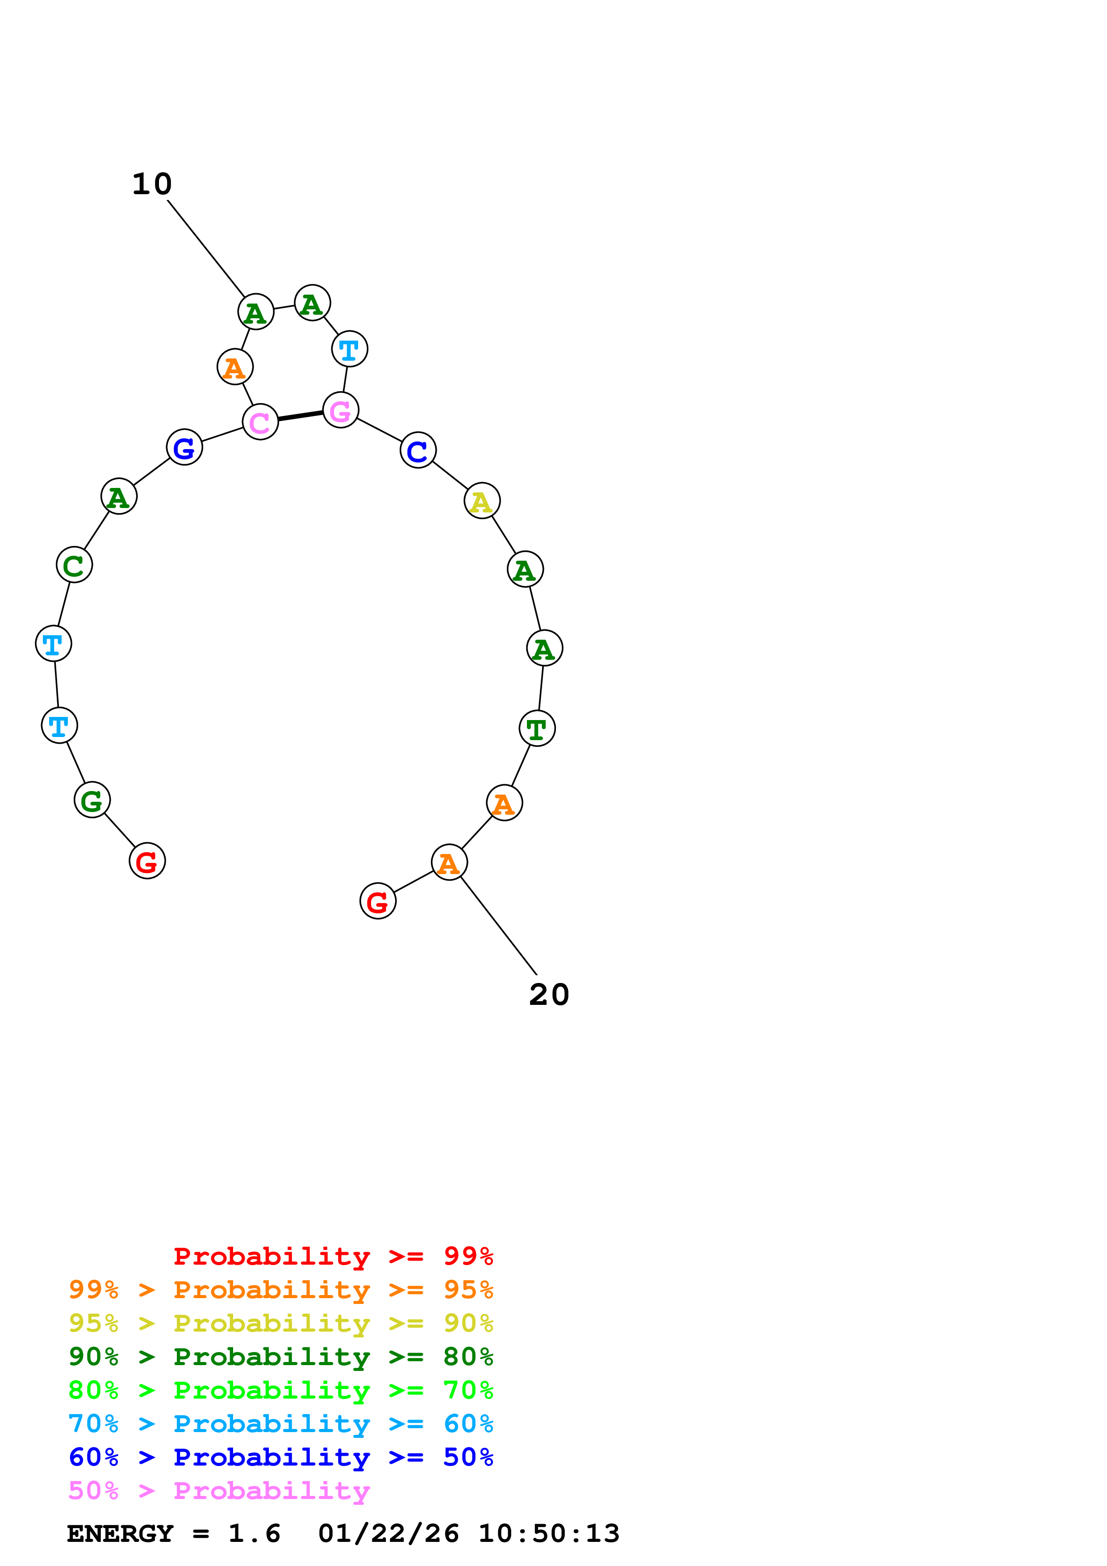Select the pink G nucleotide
[340, 410]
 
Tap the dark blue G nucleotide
[184, 447]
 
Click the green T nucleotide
[537, 729]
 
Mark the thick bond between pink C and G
[300, 416]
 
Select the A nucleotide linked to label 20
[449, 863]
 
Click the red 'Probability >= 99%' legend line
[333, 1256]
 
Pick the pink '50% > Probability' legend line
[219, 1490]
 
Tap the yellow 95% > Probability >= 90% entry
[280, 1323]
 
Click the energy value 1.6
[254, 1533]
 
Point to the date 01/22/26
[388, 1533]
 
